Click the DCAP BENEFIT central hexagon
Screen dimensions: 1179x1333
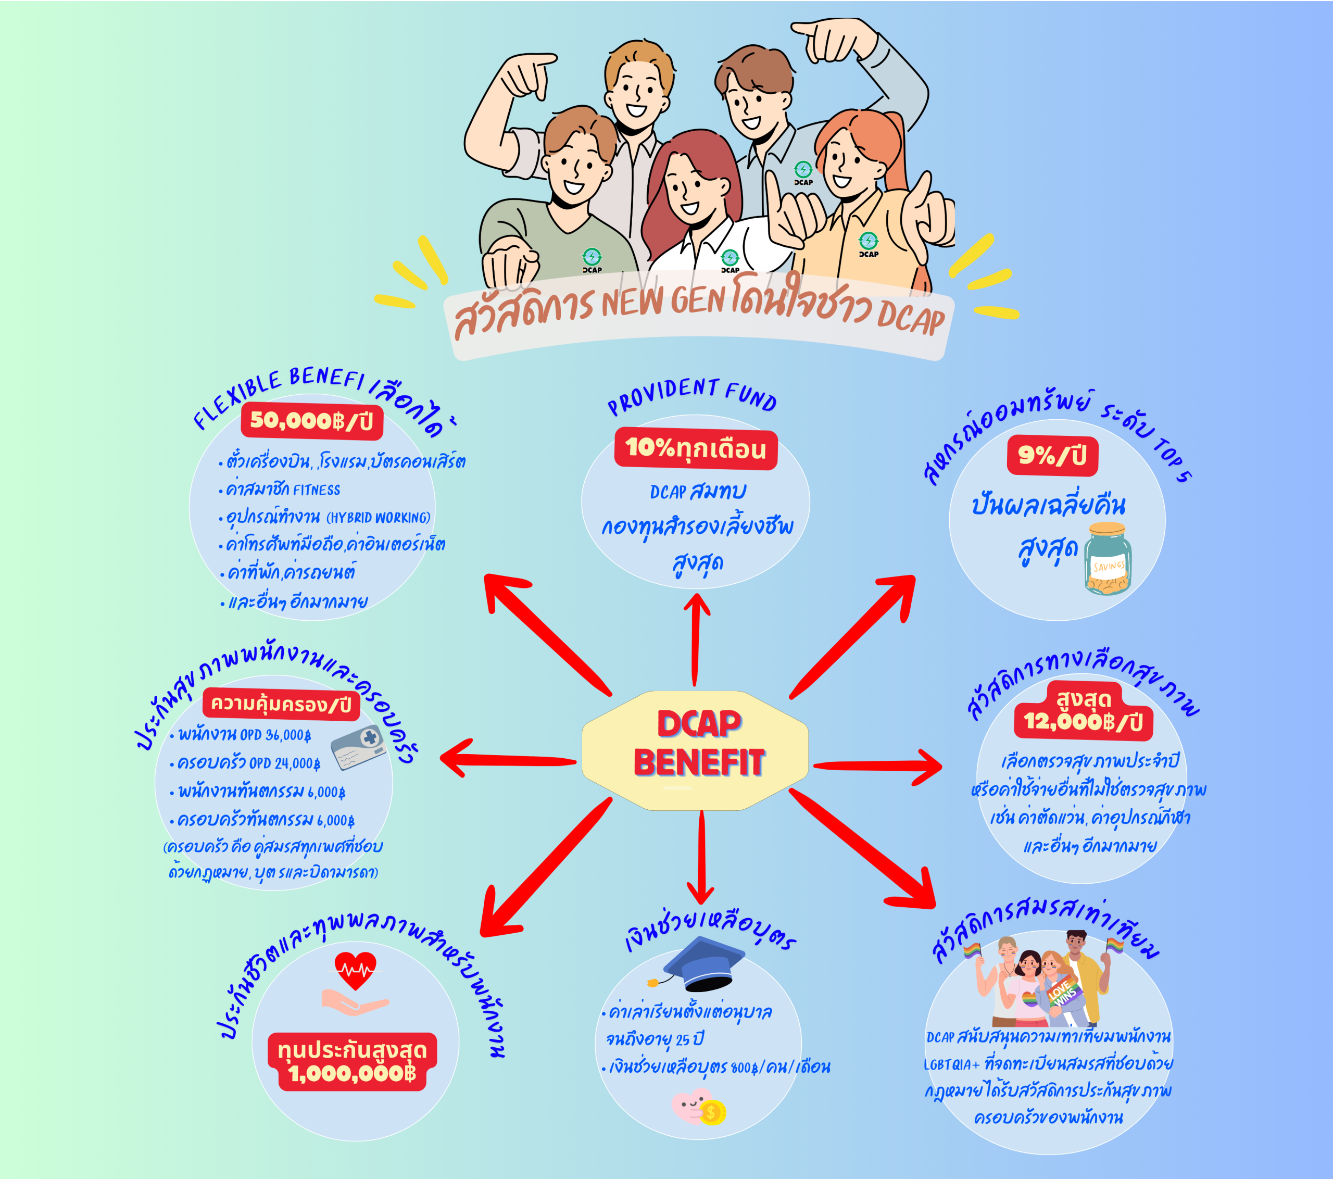695,750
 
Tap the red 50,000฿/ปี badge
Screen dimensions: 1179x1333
312,421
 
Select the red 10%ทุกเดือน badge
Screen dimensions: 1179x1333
696,449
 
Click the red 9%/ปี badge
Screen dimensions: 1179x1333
1052,455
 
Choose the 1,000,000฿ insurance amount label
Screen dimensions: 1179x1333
352,1073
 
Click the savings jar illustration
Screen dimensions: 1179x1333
1108,558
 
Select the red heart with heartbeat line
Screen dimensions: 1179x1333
356,970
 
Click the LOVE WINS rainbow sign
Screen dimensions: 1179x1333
1063,993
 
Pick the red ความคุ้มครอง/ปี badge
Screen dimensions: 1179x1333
281,704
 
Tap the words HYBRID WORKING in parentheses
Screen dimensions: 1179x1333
378,518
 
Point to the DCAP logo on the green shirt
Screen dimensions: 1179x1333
592,259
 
